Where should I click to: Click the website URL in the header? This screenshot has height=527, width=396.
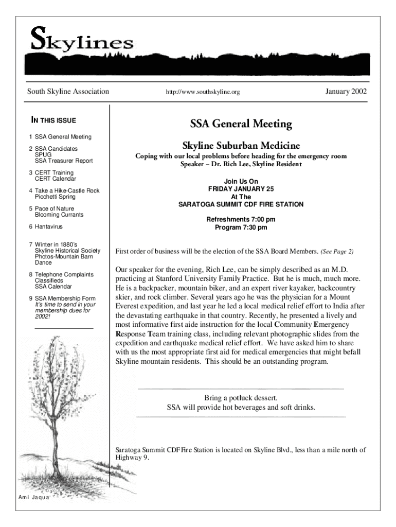(x=203, y=93)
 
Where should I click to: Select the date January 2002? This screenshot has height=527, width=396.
(x=346, y=92)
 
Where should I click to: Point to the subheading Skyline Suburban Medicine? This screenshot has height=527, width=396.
(x=241, y=145)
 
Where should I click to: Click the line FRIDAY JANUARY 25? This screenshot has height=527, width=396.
(x=241, y=189)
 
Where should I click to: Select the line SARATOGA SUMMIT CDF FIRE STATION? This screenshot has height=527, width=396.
(x=241, y=204)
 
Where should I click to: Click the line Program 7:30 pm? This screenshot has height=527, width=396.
(x=241, y=227)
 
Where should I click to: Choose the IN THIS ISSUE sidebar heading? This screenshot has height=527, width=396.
(x=53, y=120)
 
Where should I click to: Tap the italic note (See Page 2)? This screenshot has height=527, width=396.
(x=337, y=252)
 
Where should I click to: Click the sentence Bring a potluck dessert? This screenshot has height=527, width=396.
(x=241, y=398)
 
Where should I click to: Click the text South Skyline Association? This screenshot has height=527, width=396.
(x=68, y=92)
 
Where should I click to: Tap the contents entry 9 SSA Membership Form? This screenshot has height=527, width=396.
(x=62, y=298)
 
